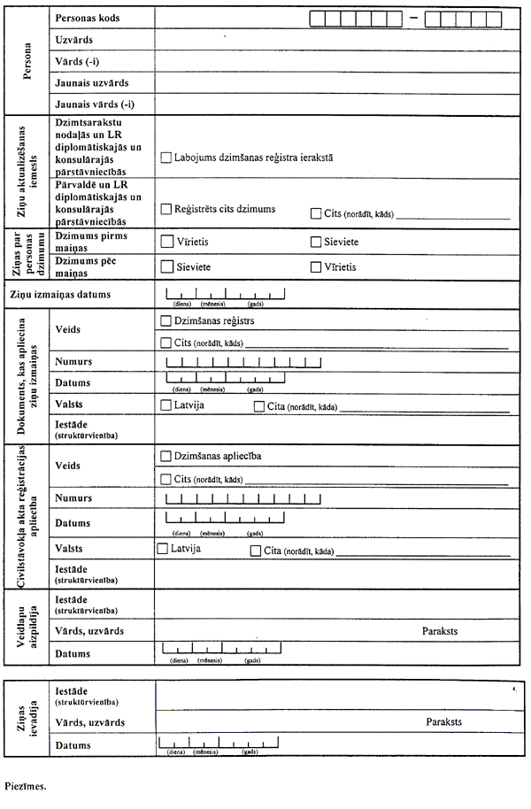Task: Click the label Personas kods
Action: (x=87, y=18)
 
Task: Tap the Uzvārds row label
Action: (x=73, y=41)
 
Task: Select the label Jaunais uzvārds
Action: (x=92, y=82)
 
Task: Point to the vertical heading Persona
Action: (x=26, y=61)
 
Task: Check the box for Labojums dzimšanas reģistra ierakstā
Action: (x=165, y=157)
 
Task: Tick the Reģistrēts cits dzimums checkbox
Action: (x=165, y=209)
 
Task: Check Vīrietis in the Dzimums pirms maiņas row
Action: (x=165, y=241)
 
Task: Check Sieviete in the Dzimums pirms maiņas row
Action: (x=316, y=241)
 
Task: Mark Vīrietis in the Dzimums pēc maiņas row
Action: (x=316, y=266)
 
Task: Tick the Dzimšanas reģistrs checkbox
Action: (x=165, y=320)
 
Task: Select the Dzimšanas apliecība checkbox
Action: (x=165, y=456)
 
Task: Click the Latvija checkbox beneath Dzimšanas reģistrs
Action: (x=165, y=405)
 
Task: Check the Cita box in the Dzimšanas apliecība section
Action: (x=256, y=551)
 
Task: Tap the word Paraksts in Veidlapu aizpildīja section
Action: (x=441, y=630)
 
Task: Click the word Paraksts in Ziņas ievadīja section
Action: (x=444, y=721)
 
